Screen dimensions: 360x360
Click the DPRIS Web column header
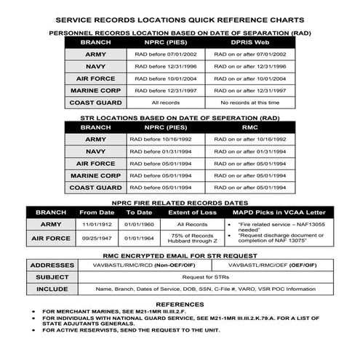248,43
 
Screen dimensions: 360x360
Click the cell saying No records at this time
248,103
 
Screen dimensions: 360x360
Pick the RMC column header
248,127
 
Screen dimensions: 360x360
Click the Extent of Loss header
193,212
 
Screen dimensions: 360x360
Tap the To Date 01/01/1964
138,238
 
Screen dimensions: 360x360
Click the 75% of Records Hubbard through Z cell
193,239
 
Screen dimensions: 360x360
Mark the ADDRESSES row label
50,265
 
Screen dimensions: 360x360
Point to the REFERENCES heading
179,304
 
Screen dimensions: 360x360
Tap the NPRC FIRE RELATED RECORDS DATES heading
179,201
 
